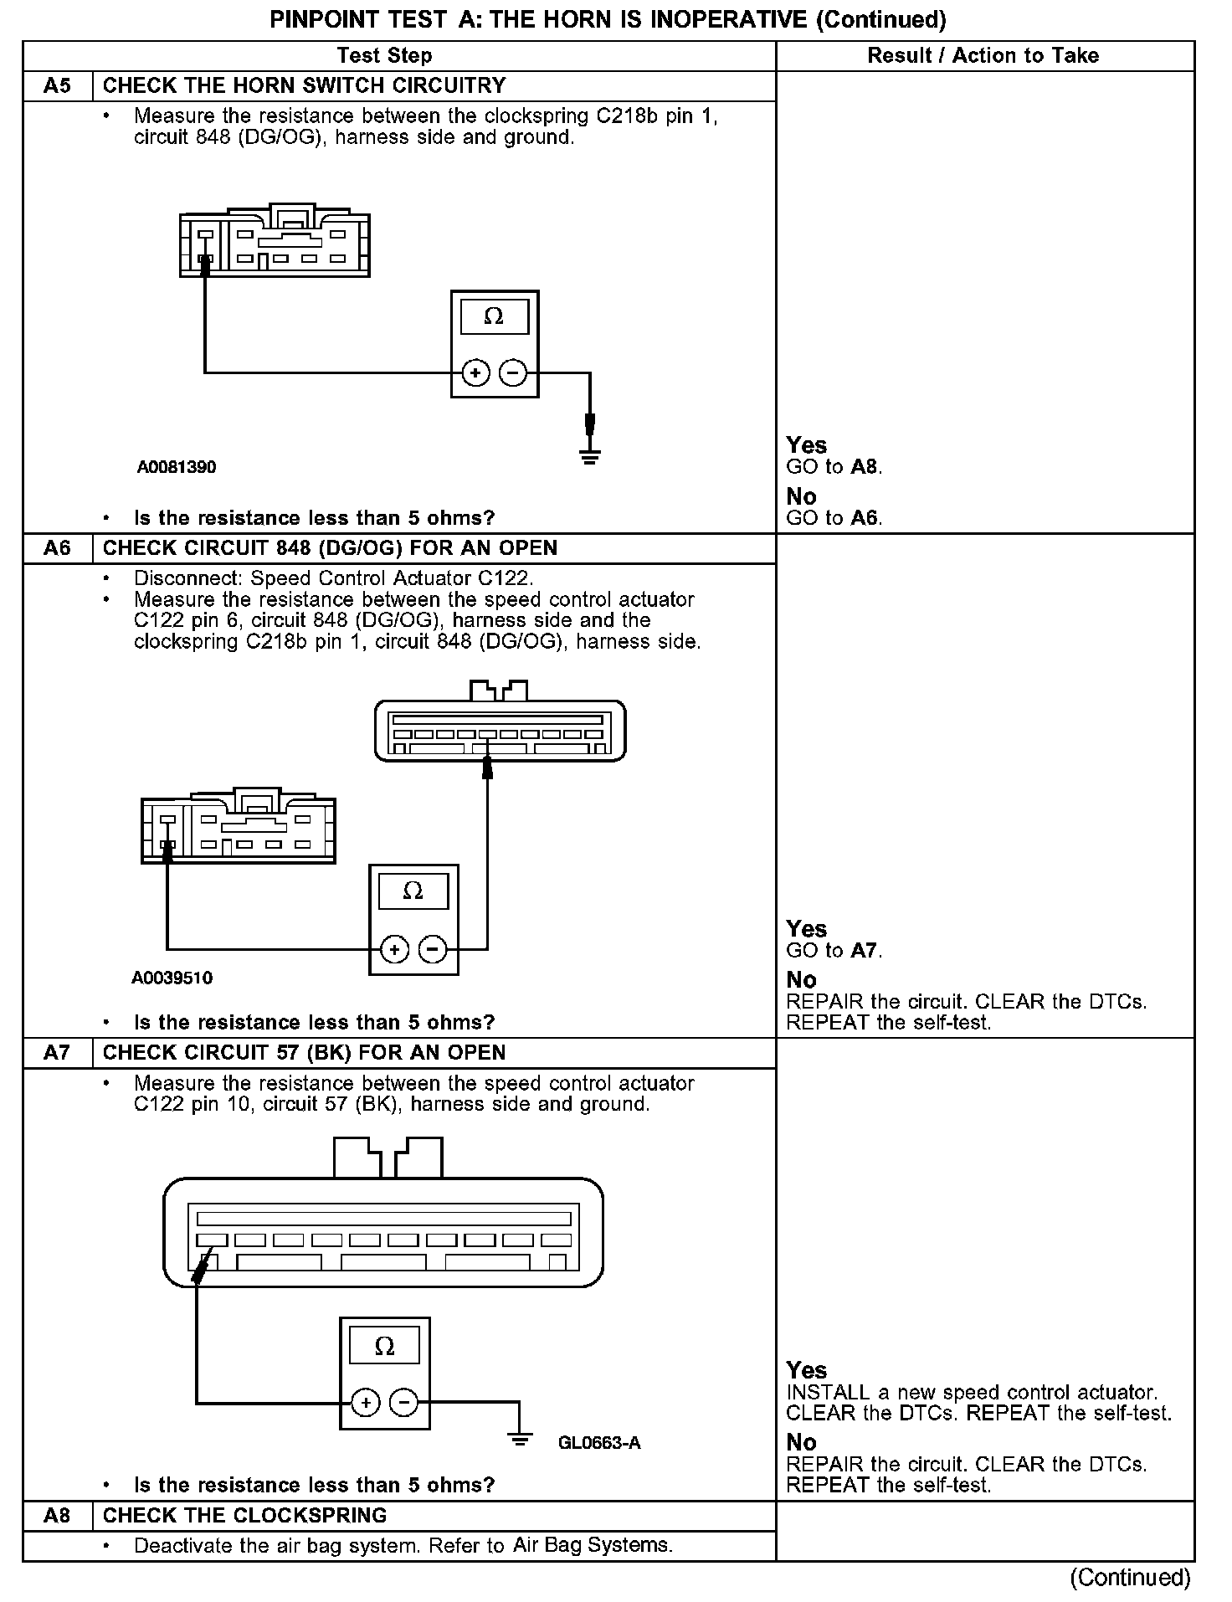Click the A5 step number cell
click(57, 86)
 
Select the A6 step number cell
click(57, 548)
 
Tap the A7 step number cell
click(57, 1053)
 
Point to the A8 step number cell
click(57, 1515)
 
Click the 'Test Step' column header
click(384, 56)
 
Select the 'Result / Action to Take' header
click(983, 56)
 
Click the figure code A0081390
click(177, 467)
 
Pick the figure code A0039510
click(172, 978)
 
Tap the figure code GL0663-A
click(599, 1443)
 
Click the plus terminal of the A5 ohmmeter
click(475, 372)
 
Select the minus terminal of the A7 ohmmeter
click(404, 1402)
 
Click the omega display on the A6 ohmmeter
click(413, 891)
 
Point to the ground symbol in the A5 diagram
click(590, 456)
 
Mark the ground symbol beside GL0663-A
click(520, 1440)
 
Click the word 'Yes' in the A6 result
click(807, 929)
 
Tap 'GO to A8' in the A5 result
click(834, 467)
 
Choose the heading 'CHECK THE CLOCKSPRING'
click(245, 1515)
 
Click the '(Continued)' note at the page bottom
click(1130, 1578)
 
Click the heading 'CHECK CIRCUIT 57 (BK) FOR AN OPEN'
click(305, 1053)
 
